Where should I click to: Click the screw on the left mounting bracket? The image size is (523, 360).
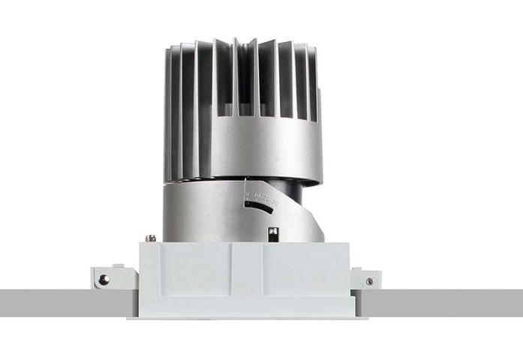104,279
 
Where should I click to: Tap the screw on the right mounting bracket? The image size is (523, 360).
368,281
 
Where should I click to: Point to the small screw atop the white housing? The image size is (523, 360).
151,238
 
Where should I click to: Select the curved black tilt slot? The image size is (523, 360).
259,206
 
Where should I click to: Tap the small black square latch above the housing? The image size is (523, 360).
273,233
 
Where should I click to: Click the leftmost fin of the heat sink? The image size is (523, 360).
169,112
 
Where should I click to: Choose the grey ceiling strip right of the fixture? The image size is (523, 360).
450,302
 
